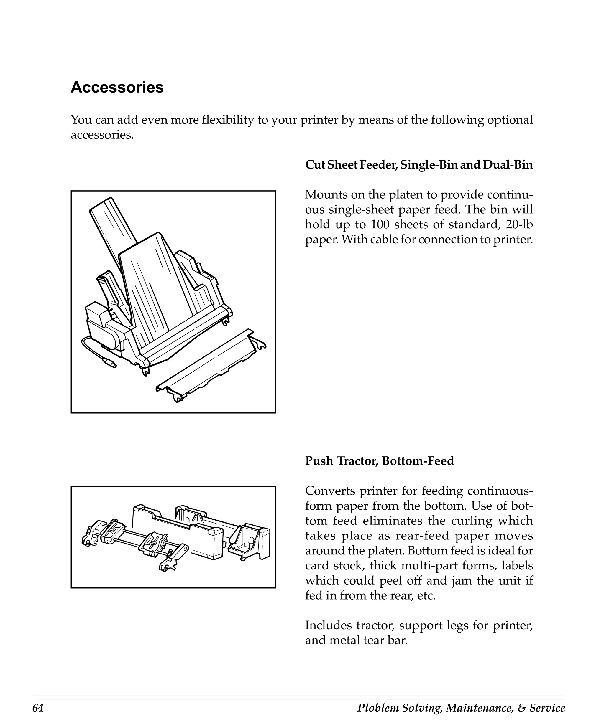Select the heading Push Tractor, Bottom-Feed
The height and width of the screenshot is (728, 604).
(379, 461)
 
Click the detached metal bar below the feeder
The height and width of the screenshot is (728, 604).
(212, 367)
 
